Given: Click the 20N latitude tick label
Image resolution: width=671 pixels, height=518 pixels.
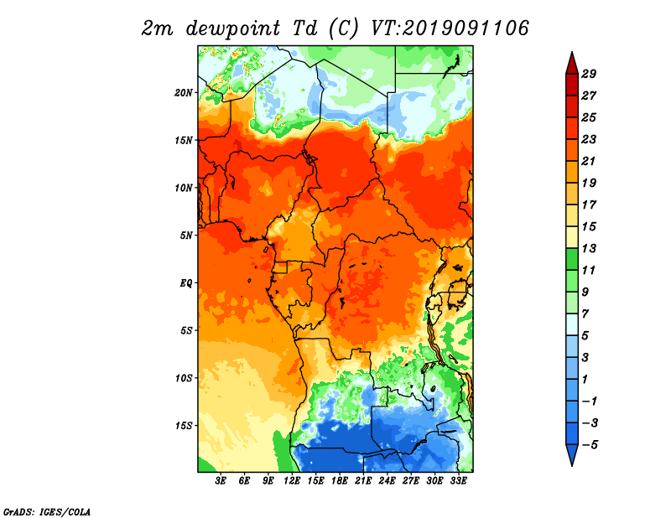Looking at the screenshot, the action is pos(184,93).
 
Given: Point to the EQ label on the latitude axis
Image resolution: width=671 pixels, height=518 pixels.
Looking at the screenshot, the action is pos(186,283).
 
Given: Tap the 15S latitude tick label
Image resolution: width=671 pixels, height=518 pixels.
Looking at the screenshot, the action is pos(184,426).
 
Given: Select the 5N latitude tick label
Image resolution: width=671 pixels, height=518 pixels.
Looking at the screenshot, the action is pos(186,236).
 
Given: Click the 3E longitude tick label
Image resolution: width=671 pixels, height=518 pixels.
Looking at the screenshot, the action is pos(221,481).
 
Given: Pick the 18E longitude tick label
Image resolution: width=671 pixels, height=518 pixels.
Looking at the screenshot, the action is pos(340,481).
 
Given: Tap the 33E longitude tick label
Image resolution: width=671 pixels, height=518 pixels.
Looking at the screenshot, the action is pos(458,481).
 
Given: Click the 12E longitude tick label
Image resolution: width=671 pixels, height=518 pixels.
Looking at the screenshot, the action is pos(292,481).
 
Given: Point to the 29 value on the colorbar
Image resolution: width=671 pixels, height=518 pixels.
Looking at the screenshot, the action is pos(589,75).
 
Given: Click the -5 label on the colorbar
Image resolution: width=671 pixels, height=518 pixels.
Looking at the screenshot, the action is pos(590,445).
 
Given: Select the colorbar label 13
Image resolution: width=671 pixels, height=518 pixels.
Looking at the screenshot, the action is pos(589,248).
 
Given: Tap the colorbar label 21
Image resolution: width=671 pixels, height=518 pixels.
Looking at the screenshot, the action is pos(589,161).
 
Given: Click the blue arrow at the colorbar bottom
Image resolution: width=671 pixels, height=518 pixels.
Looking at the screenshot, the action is pos(572,454).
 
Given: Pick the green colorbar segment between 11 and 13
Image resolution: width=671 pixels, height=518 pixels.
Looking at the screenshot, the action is pos(572,259).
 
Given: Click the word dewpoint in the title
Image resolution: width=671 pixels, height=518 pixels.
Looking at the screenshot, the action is pos(233,29).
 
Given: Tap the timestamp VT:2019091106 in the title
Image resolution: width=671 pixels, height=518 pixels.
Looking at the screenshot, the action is pos(450,28).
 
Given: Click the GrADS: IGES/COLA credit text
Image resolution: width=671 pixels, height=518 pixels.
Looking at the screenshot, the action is pos(47,512).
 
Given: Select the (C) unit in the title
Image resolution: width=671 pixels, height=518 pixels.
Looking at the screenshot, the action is pos(344,29).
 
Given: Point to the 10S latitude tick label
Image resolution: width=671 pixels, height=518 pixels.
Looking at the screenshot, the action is pos(184,379).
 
